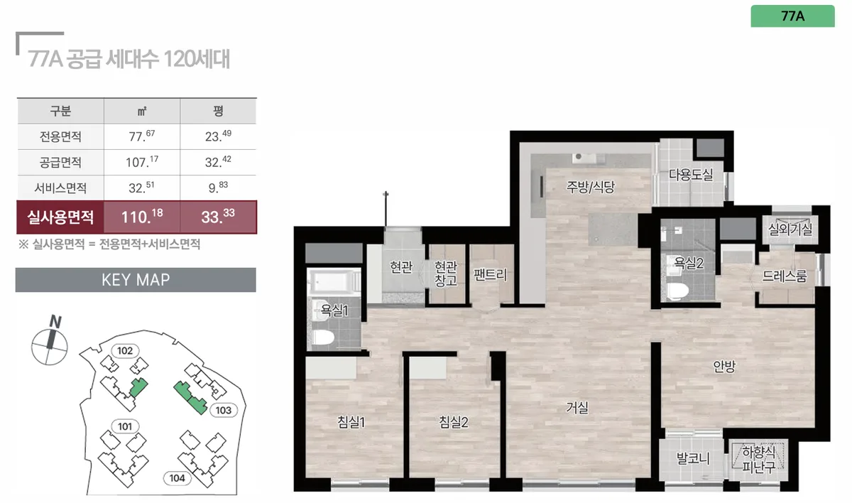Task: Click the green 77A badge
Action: (x=792, y=16)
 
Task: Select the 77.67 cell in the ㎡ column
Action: (x=142, y=136)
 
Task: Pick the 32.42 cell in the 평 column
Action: (x=218, y=162)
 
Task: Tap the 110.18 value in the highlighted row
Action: (x=142, y=217)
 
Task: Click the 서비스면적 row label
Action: (x=60, y=188)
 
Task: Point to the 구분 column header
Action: (x=60, y=111)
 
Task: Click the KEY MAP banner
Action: (x=136, y=280)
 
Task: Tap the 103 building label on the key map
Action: (x=223, y=410)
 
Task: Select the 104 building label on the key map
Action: (x=177, y=478)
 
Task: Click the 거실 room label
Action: (x=577, y=408)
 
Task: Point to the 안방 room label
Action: (x=724, y=367)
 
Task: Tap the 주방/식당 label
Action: (x=590, y=187)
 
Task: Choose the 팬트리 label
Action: (x=490, y=274)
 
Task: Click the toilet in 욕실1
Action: (x=324, y=337)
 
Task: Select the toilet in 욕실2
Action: (x=678, y=291)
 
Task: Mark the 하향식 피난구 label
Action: (x=758, y=459)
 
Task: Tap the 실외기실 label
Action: (x=790, y=229)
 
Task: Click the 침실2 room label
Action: (x=454, y=422)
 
